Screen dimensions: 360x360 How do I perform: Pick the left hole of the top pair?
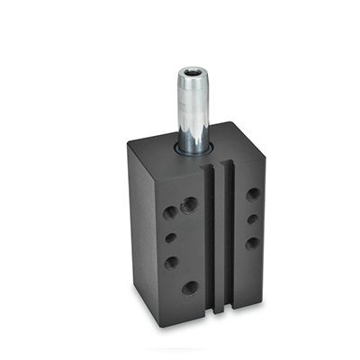[x=170, y=213]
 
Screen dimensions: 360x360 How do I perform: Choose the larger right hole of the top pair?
[x=189, y=206]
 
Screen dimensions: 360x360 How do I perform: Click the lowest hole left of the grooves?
[x=190, y=288]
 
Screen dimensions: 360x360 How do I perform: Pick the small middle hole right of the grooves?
[x=252, y=219]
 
